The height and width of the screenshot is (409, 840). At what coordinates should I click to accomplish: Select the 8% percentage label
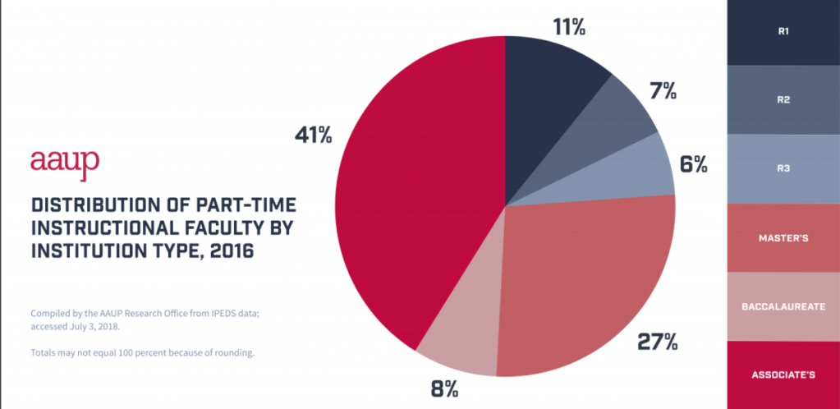tap(443, 388)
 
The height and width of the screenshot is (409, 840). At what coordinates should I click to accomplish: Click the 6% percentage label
tap(693, 164)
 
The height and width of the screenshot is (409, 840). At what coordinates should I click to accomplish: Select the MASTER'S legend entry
tap(783, 238)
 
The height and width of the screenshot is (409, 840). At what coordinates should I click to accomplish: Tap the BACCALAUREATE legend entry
tap(783, 306)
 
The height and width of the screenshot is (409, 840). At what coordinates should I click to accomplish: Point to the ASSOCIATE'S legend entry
tap(783, 375)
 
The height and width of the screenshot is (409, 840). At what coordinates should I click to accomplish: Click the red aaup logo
tap(65, 160)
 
